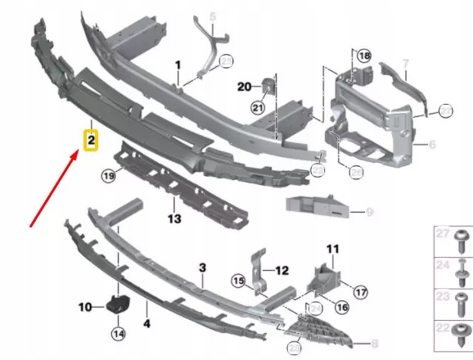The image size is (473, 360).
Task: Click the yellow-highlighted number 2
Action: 92,140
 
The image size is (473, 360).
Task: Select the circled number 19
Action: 107,175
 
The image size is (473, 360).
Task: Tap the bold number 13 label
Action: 174,218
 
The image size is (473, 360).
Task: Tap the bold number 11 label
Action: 332,248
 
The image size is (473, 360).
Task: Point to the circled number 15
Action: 239,281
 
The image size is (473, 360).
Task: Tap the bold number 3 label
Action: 202,268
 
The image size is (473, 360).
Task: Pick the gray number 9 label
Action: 368,213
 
